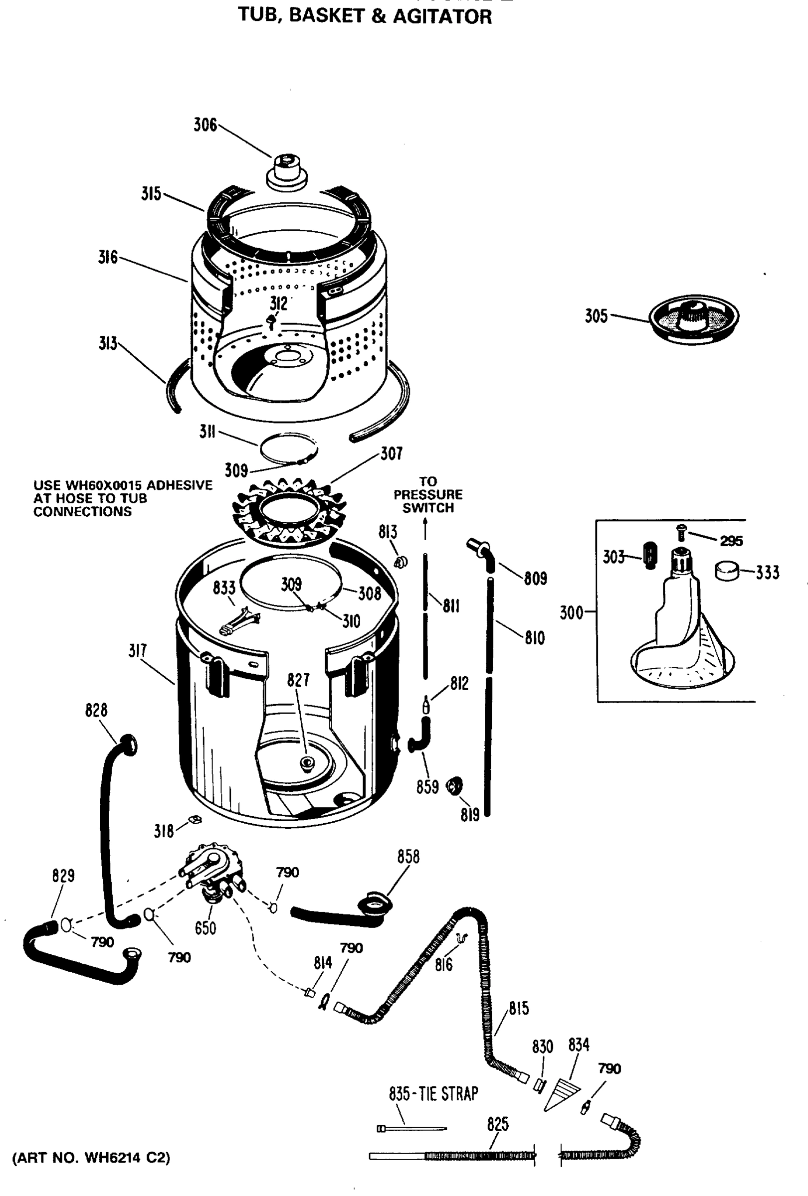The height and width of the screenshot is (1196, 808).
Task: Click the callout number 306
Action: point(205,125)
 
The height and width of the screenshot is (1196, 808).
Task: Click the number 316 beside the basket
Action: point(108,257)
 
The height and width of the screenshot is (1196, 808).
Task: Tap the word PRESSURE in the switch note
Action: point(427,494)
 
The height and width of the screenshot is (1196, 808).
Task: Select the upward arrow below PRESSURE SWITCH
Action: point(425,529)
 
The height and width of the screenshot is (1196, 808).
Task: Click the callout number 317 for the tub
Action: point(138,651)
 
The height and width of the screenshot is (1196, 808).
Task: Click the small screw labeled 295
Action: point(681,532)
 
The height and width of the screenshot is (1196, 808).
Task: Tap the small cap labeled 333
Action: point(727,571)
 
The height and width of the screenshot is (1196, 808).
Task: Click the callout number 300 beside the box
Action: point(571,613)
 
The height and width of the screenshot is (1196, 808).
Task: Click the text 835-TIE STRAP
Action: point(433,1093)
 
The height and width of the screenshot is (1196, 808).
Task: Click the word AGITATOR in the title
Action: point(442,16)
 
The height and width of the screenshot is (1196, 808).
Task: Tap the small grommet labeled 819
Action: point(454,785)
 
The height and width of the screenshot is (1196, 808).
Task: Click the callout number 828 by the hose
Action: point(96,710)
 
